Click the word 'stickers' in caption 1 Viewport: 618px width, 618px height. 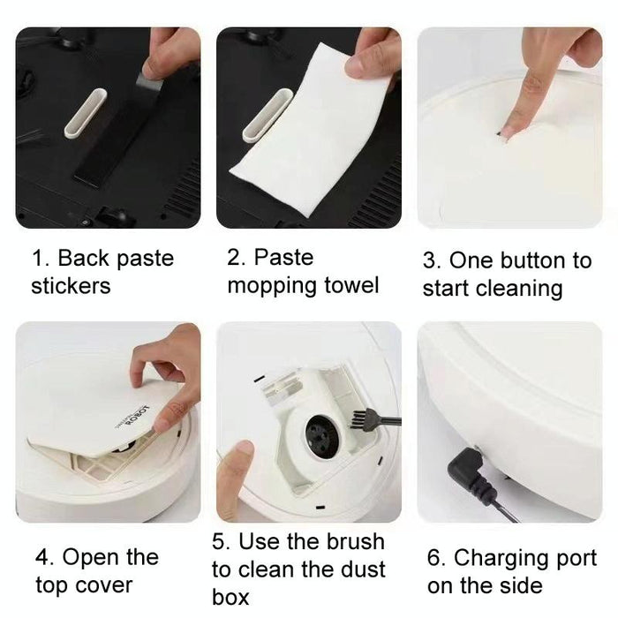pyautogui.click(x=71, y=286)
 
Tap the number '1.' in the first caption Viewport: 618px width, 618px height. pyautogui.click(x=41, y=259)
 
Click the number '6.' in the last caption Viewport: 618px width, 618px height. pyautogui.click(x=437, y=558)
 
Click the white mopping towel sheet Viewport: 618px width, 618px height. pyautogui.click(x=309, y=141)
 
